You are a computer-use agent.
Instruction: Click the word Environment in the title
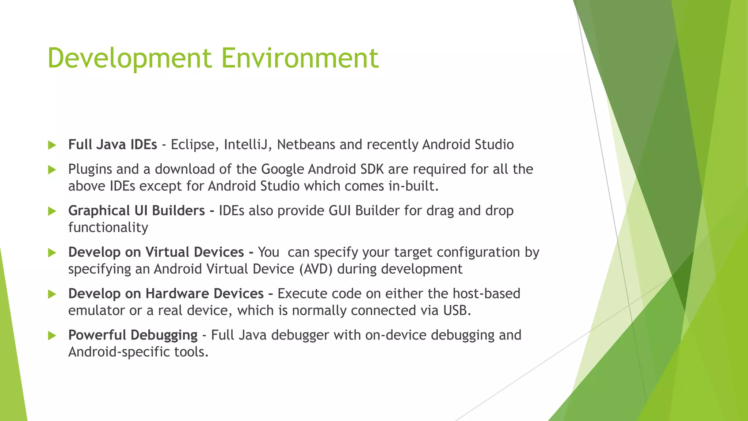click(x=300, y=58)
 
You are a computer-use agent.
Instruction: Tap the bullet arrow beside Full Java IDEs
click(x=52, y=145)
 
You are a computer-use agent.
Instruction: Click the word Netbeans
click(x=306, y=145)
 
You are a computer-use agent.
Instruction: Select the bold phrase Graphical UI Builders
click(x=137, y=211)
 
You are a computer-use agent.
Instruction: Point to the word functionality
click(x=108, y=228)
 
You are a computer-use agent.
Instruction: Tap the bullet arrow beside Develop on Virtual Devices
click(x=52, y=253)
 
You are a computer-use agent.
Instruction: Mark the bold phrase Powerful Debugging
click(x=133, y=335)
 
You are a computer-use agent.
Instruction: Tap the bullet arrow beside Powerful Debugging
click(x=52, y=336)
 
